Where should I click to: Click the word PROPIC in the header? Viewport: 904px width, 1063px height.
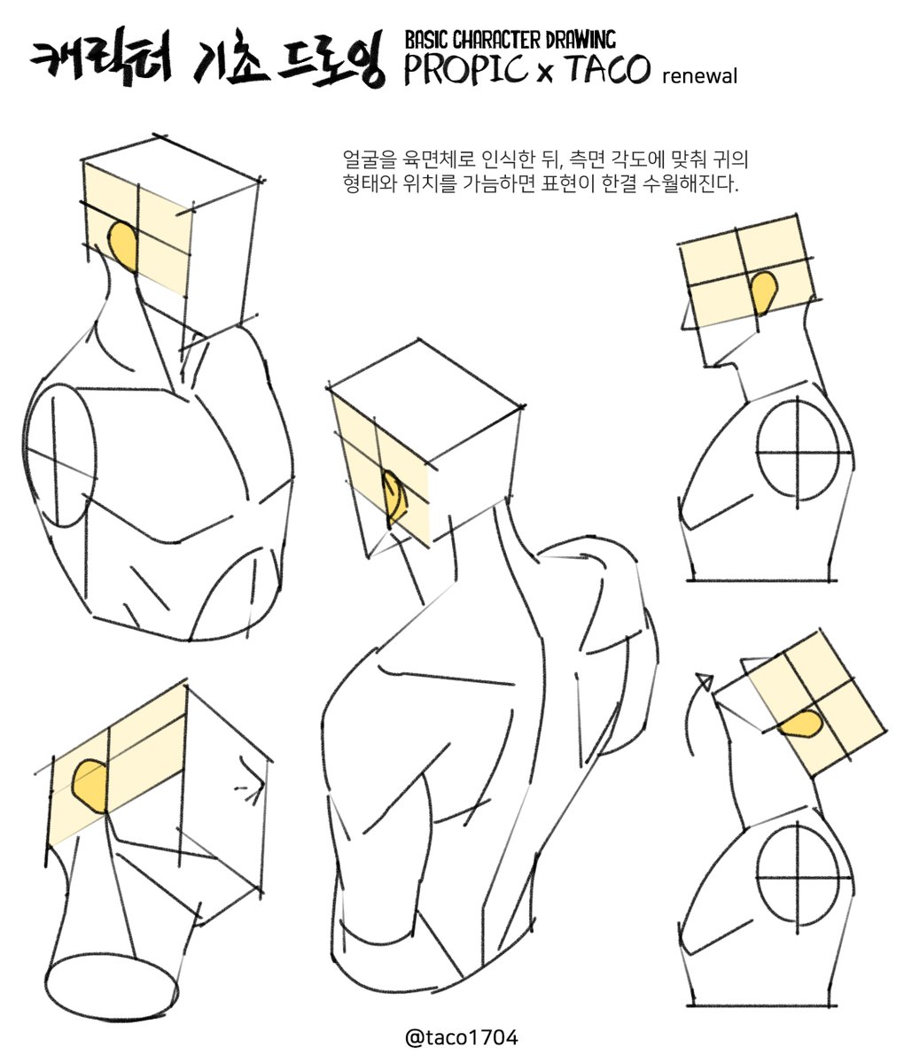coord(465,69)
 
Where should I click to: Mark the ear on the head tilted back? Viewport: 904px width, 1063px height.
coord(802,724)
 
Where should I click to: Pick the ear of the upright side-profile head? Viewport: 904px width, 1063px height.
coord(763,292)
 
